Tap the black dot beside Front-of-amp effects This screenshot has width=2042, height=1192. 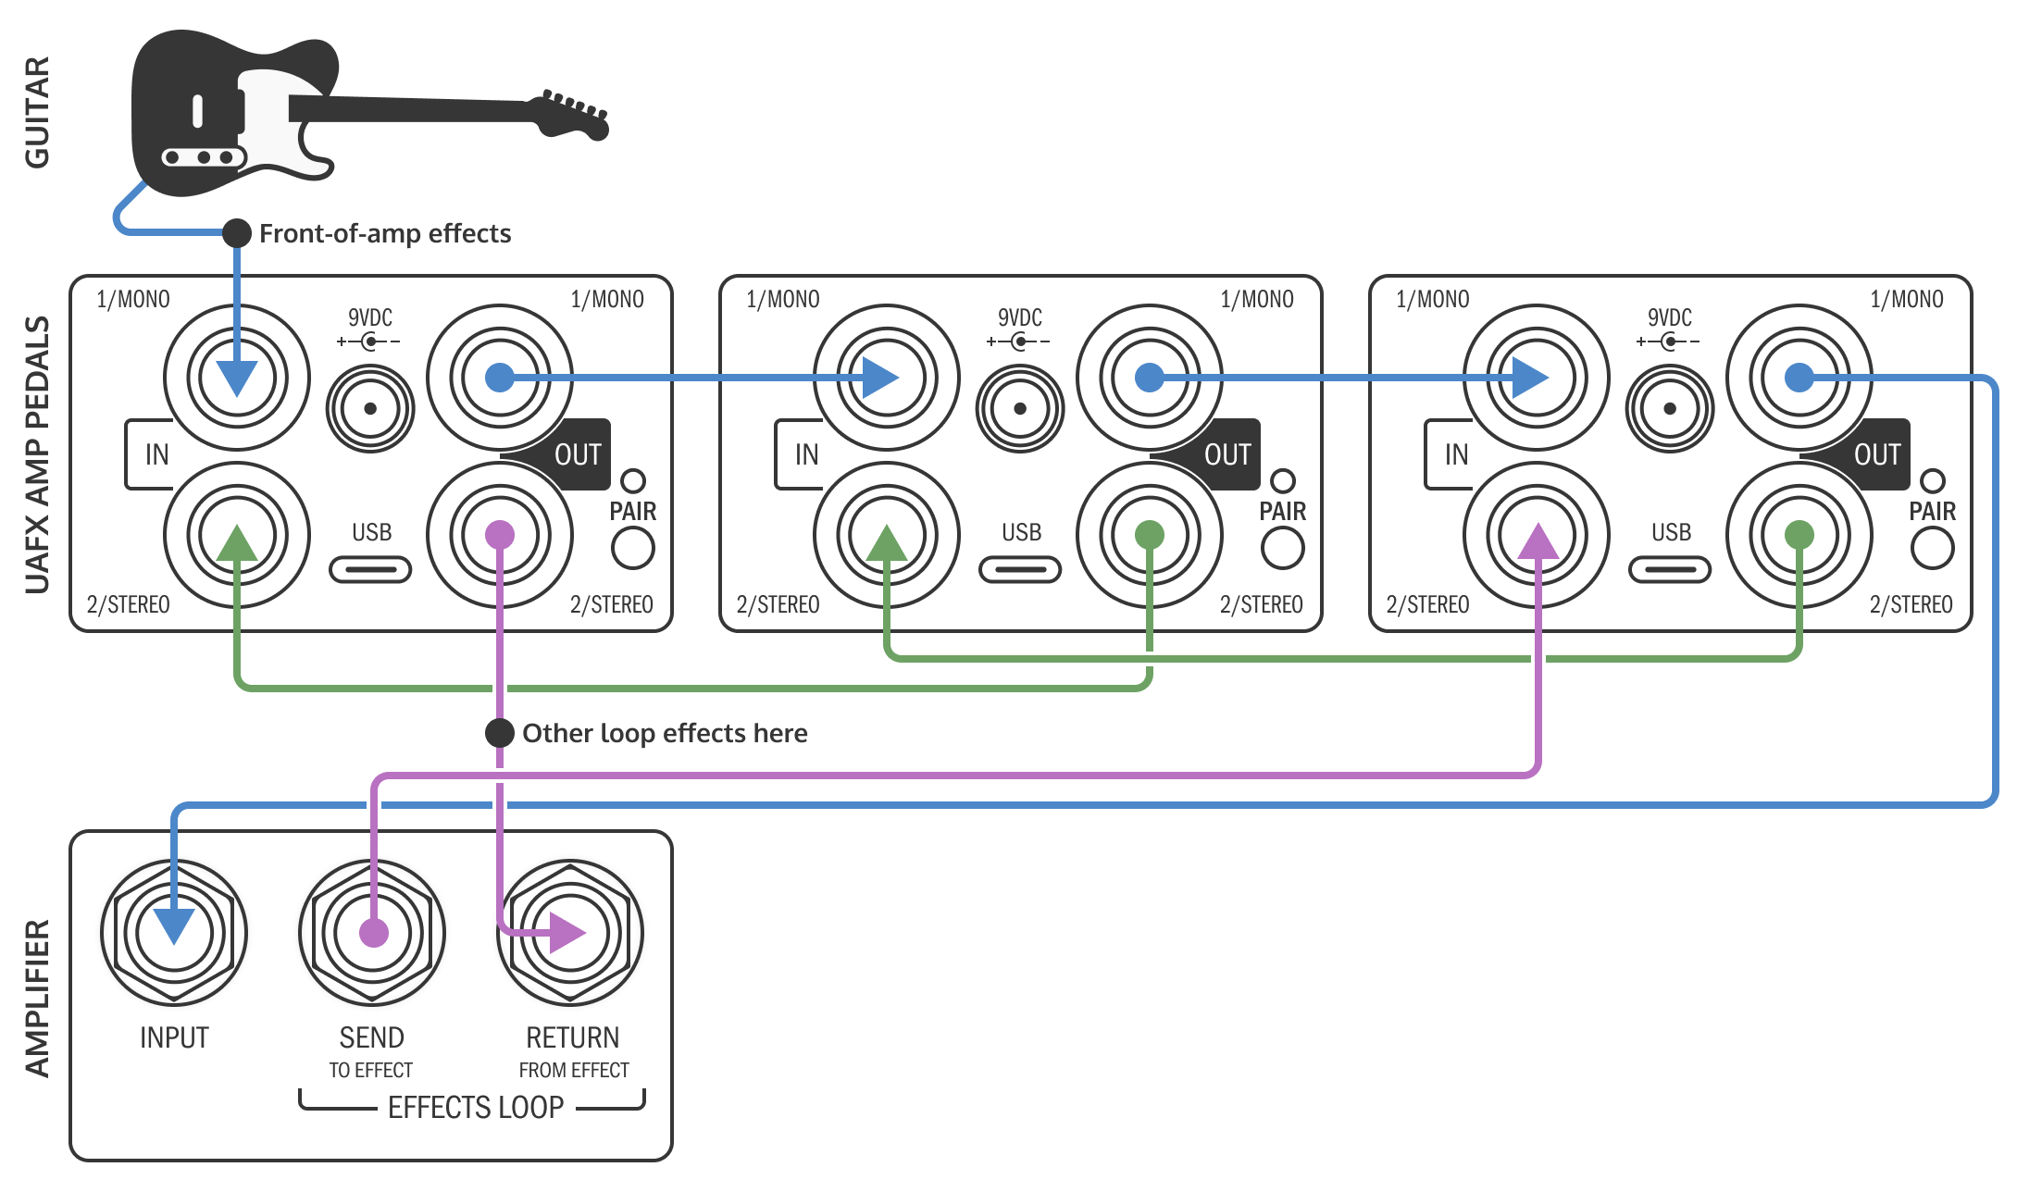pos(237,233)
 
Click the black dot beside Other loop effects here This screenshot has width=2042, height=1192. pos(500,733)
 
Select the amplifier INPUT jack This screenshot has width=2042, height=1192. pos(174,933)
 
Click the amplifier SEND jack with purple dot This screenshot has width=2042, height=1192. pos(373,933)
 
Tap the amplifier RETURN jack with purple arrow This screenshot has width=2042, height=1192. pos(570,933)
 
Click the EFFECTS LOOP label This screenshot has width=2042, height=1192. pos(475,1107)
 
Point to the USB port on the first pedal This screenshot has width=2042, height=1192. pos(370,569)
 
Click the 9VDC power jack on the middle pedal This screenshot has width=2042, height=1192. pos(1020,408)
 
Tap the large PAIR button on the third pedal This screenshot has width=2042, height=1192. pos(1932,548)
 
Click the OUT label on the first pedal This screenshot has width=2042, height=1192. pos(578,454)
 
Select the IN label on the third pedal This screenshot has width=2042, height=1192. pos(1456,454)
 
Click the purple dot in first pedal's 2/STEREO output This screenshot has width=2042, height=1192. pos(500,535)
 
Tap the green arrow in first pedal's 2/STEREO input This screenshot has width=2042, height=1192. pos(237,544)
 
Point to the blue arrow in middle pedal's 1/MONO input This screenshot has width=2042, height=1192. pos(879,378)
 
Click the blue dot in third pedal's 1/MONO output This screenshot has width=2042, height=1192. pos(1799,378)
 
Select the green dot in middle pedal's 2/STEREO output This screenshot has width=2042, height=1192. pos(1149,535)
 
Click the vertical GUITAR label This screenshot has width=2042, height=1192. pos(37,112)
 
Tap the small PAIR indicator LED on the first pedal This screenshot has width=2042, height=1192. pos(633,480)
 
